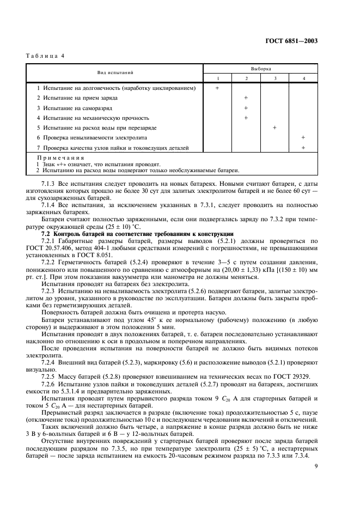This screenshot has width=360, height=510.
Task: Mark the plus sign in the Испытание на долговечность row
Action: pyautogui.click(x=217, y=88)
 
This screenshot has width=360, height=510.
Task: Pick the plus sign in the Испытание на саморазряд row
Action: pyautogui.click(x=246, y=108)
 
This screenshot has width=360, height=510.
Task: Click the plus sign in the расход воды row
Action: pyautogui.click(x=274, y=127)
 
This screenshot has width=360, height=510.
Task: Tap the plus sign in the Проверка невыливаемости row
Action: pyautogui.click(x=303, y=137)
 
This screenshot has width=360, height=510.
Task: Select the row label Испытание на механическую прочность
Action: pyautogui.click(x=93, y=118)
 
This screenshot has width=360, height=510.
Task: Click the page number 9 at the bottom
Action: pyautogui.click(x=316, y=465)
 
